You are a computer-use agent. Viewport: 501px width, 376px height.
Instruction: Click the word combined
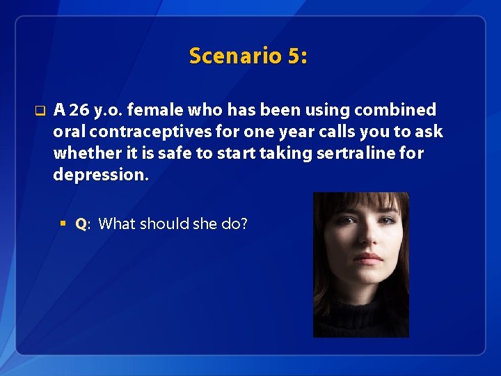(x=395, y=110)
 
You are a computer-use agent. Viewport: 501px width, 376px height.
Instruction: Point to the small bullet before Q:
(x=63, y=224)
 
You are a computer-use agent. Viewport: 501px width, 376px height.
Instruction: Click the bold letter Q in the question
(x=80, y=224)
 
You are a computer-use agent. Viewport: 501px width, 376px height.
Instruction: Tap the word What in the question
(x=118, y=224)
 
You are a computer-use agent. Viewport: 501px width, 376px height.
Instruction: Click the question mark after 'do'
(x=244, y=224)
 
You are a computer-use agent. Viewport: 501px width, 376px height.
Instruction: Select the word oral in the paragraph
(x=70, y=132)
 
